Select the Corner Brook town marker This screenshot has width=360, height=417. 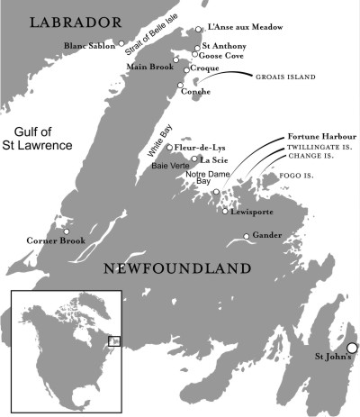66,231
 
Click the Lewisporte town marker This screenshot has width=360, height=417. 225,211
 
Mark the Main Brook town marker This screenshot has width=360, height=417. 176,59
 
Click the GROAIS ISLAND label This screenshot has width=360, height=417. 287,77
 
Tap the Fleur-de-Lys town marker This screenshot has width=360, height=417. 169,147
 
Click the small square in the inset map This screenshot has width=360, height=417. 113,340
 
